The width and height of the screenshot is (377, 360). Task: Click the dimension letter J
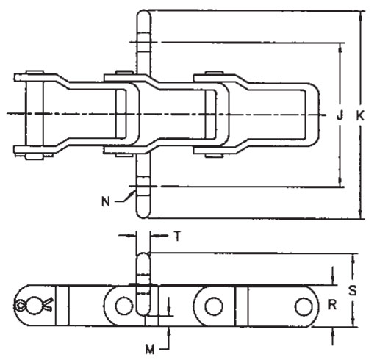[340, 115]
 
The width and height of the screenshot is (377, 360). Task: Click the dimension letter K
[360, 115]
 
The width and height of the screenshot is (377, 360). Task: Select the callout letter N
[106, 202]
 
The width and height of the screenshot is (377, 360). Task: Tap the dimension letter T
[178, 236]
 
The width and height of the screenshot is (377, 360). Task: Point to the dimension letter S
[352, 290]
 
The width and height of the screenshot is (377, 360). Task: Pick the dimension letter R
[332, 305]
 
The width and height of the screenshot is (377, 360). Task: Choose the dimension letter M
[150, 349]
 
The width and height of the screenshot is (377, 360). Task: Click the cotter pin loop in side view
[20, 306]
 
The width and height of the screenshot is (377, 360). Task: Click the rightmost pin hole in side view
[304, 306]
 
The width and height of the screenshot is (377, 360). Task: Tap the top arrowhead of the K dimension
[361, 15]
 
